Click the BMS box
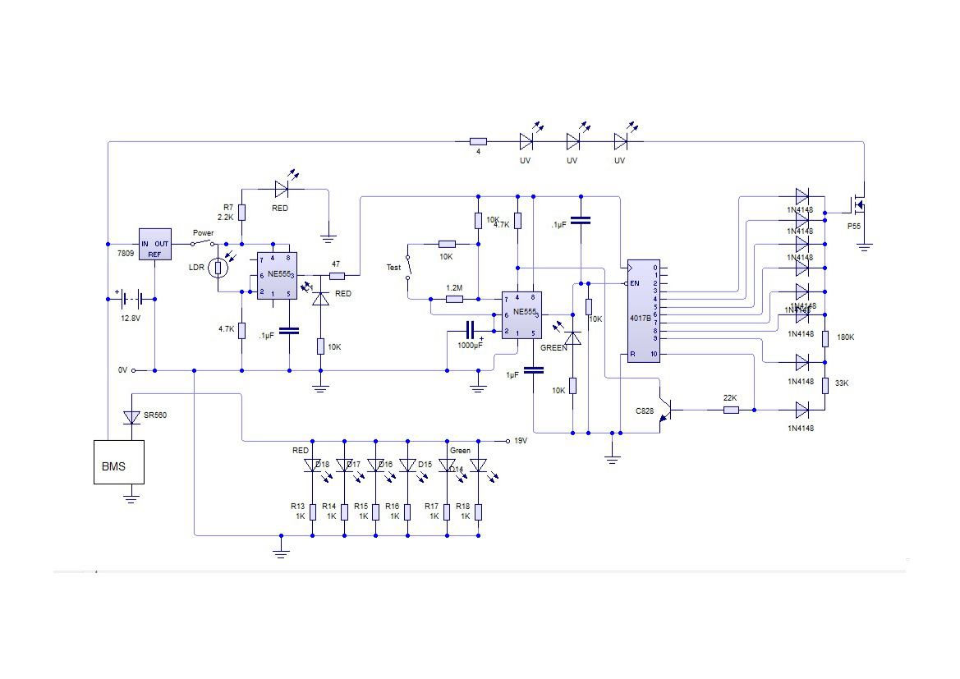click(118, 461)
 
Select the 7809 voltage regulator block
click(154, 244)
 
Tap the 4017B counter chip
click(643, 310)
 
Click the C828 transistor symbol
click(667, 408)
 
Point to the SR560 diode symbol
click(131, 417)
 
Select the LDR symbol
click(218, 268)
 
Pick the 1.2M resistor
click(454, 300)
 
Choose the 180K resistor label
click(843, 337)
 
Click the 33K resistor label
click(842, 383)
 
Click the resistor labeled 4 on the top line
click(478, 141)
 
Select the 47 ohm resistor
click(336, 276)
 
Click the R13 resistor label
click(297, 507)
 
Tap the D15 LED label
click(425, 465)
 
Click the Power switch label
click(203, 232)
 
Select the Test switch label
click(393, 268)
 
